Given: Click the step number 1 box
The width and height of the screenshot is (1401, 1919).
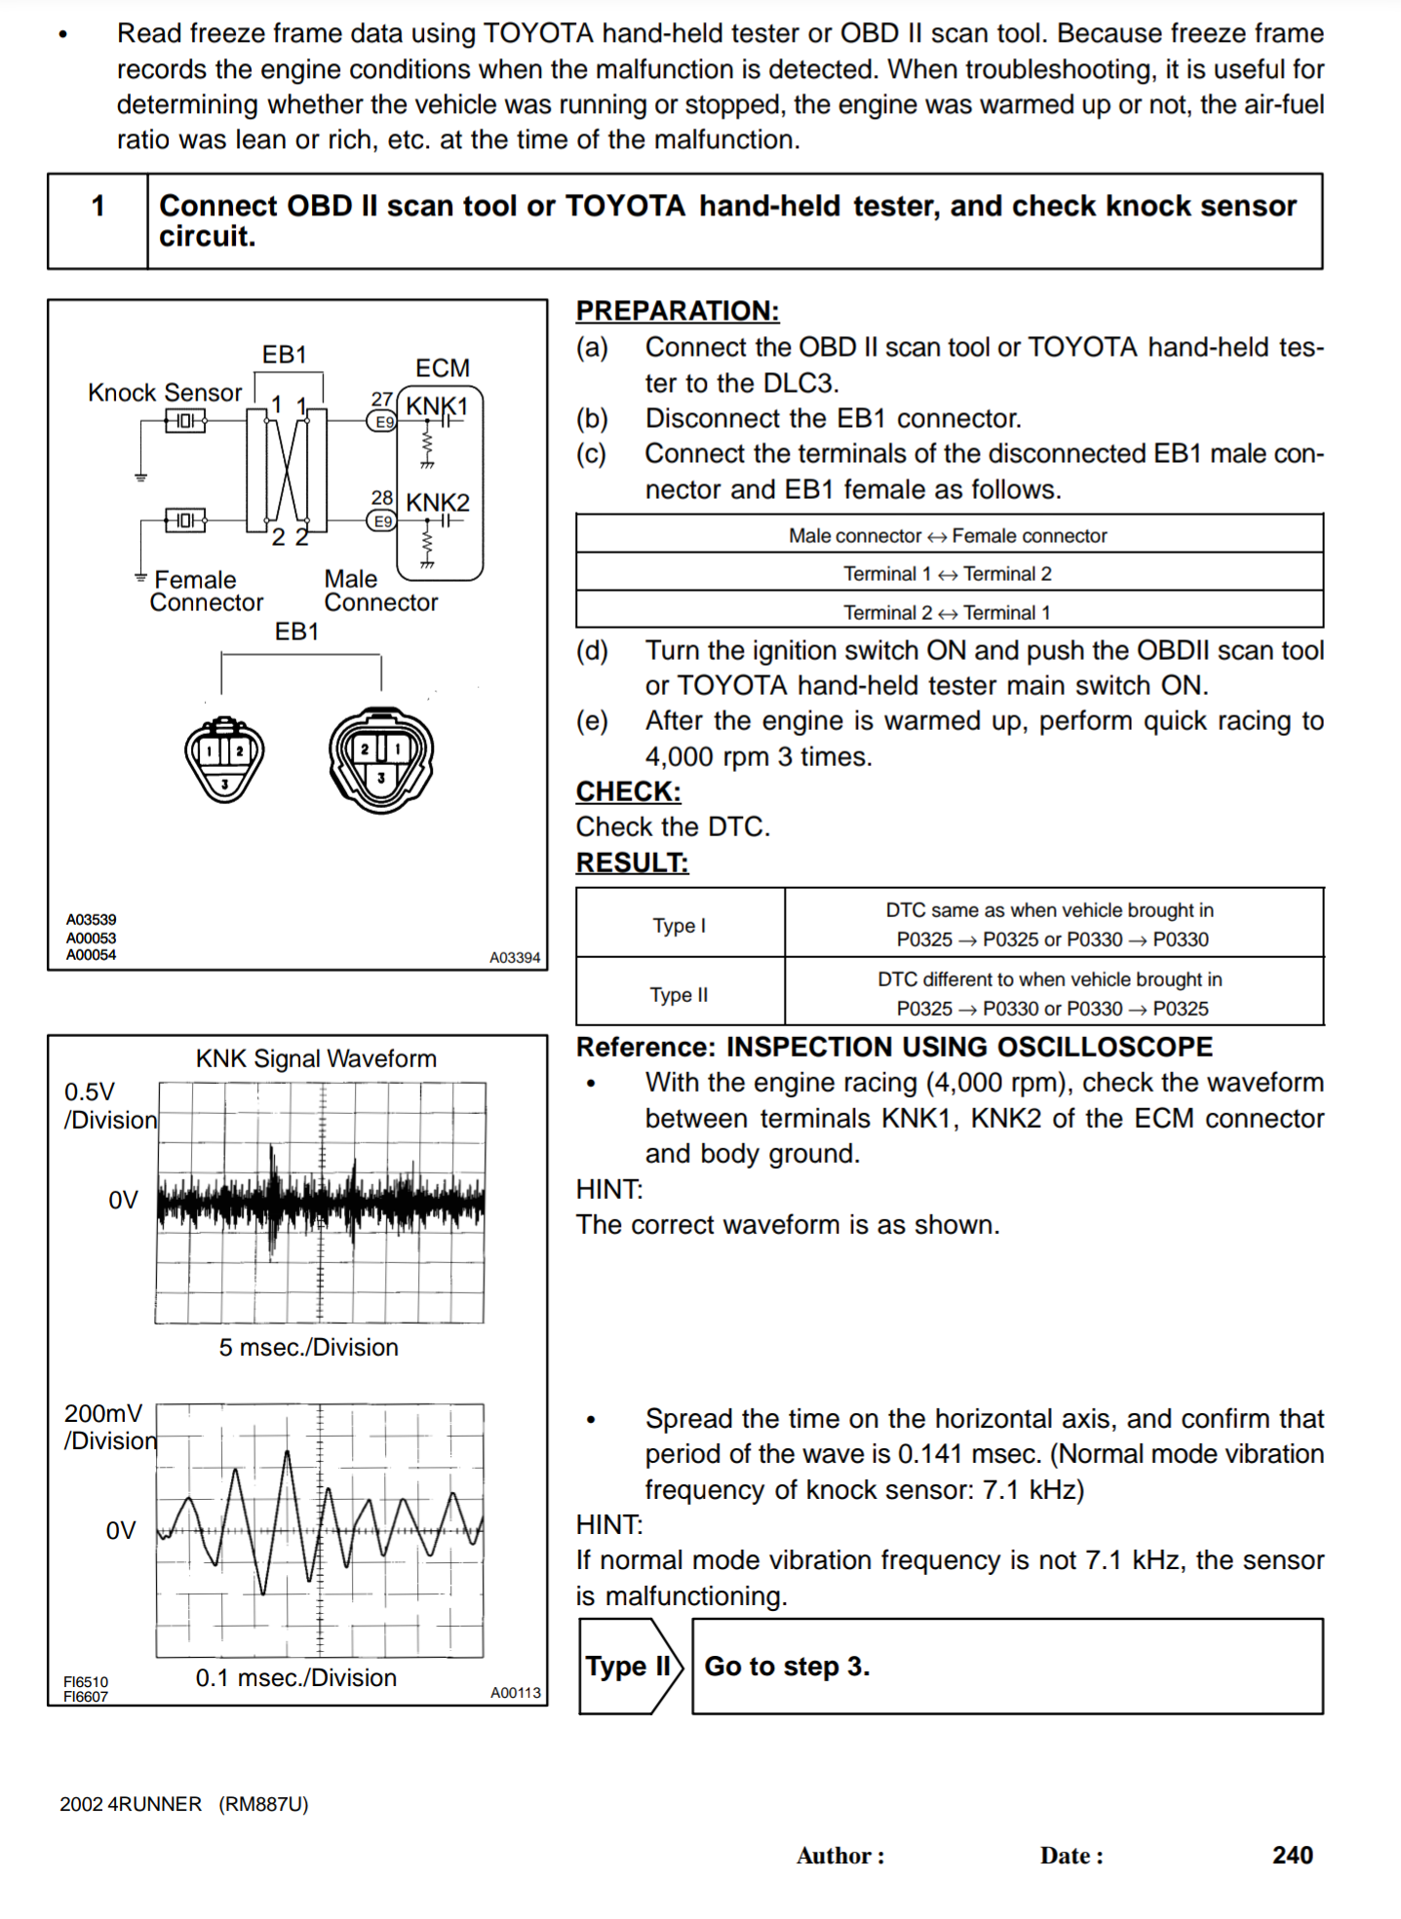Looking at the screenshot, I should point(97,220).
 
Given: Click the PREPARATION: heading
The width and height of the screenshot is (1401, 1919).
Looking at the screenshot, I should point(678,311).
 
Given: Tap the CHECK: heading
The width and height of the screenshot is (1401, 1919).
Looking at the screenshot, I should point(628,791).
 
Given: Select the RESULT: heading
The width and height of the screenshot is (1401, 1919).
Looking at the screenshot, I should point(632,863).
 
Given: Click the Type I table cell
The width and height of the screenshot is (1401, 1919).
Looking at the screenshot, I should point(680,925).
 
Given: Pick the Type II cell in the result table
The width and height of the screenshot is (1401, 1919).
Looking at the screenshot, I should point(680,994).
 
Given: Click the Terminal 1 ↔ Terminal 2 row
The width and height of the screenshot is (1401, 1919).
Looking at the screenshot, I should point(948,574).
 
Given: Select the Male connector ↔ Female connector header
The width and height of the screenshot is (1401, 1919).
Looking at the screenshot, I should point(948,536).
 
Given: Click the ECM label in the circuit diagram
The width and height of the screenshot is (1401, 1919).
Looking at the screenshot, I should point(443,368).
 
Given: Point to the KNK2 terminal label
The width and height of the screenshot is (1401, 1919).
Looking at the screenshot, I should point(438,503).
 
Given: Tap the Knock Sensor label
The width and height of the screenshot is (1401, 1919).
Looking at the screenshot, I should point(165,393).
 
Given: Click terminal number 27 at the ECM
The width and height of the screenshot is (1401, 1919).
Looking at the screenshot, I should point(381,400).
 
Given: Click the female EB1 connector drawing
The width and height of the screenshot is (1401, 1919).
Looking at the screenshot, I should point(224,757).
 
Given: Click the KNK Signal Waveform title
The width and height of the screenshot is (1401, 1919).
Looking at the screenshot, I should point(316,1059).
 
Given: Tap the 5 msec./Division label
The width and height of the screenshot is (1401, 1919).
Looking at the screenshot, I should point(308,1348).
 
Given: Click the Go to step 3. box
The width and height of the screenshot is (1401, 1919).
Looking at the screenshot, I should point(1006,1667).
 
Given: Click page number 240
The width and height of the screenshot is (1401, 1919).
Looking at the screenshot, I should point(1292,1856).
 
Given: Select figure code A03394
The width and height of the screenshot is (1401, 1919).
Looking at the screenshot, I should point(514,958).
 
